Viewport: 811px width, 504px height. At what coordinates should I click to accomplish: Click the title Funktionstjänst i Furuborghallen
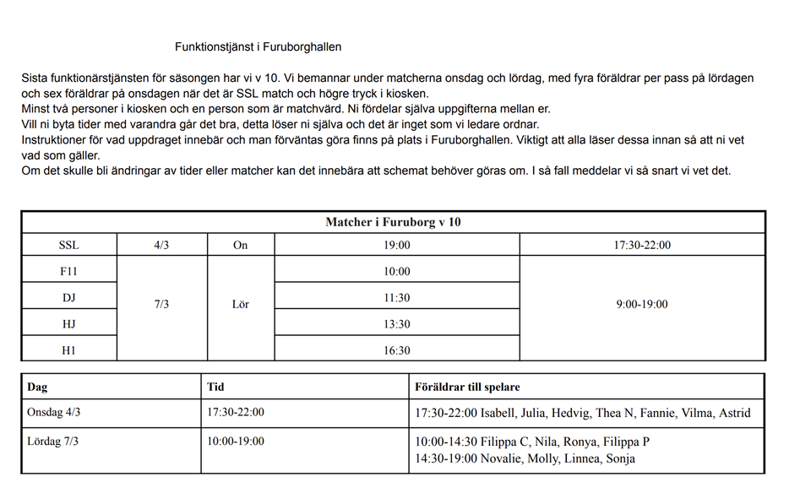pos(258,47)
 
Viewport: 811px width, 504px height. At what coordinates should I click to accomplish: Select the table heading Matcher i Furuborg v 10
pos(393,222)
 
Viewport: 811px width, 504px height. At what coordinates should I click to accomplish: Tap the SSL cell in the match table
pos(68,246)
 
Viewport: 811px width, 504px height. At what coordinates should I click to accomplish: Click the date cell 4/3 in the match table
pos(161,246)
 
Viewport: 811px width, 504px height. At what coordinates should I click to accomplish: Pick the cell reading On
pos(241,246)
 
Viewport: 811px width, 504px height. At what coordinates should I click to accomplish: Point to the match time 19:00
pos(397,246)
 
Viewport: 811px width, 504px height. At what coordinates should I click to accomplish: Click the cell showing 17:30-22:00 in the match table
pos(642,246)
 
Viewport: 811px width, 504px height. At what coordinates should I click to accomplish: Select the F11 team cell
pos(68,272)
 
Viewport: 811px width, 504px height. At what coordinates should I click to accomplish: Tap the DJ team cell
pos(68,298)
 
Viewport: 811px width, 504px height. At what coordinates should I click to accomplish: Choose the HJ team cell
pos(68,324)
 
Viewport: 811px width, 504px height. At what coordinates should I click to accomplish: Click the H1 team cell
pos(68,350)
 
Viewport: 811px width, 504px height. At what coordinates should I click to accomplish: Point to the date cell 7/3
pos(161,304)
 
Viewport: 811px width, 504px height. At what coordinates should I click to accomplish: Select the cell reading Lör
pos(241,304)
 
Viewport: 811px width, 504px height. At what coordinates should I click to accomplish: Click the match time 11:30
pos(397,298)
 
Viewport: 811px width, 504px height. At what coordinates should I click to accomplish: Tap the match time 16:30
pos(397,350)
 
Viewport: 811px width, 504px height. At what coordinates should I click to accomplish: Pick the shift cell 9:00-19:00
pos(642,304)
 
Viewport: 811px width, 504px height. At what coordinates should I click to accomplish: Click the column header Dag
pos(37,387)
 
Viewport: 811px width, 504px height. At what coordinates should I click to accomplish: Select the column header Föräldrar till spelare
pos(467,387)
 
